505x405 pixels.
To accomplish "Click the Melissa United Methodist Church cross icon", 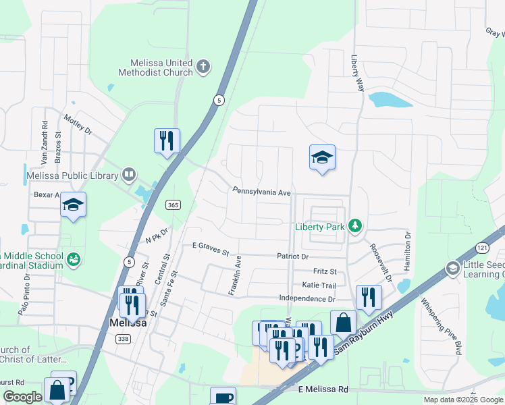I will (x=203, y=67).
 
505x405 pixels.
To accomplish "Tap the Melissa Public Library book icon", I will (x=128, y=175).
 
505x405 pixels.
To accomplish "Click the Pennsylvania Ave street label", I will (x=261, y=192).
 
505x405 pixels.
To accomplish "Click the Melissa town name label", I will (x=128, y=323).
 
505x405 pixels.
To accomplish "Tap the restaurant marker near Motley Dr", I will (x=167, y=141).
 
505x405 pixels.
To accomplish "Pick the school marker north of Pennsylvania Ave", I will (x=322, y=158).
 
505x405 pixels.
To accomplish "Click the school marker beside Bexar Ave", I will (x=73, y=205).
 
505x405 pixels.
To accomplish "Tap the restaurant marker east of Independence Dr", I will (x=369, y=297).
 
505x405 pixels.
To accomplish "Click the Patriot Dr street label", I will (x=292, y=256).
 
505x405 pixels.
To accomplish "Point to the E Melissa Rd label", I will (x=323, y=389).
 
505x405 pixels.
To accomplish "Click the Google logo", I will (x=22, y=397).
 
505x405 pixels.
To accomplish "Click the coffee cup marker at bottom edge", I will (x=223, y=398).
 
